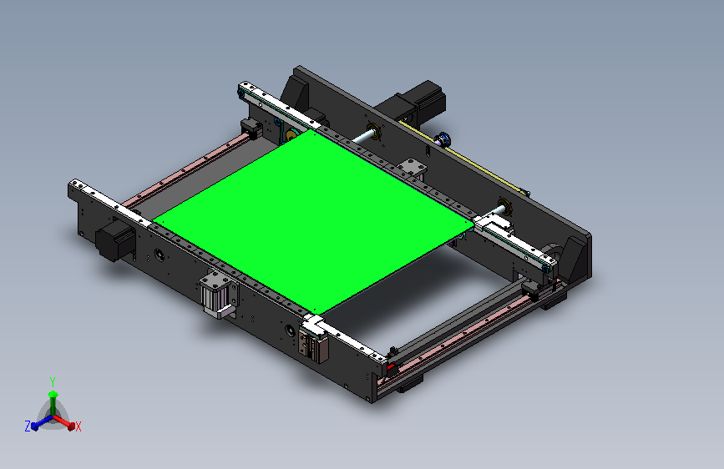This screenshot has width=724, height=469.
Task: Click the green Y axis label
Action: (x=53, y=381)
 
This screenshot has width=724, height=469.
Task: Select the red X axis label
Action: (x=78, y=426)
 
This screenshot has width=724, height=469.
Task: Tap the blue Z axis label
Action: (x=28, y=426)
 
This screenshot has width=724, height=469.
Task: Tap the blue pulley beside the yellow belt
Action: (x=444, y=139)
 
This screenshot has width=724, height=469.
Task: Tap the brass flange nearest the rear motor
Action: (x=372, y=132)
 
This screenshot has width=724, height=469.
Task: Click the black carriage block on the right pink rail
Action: (x=529, y=289)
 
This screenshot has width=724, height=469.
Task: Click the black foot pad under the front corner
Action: (x=408, y=383)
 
